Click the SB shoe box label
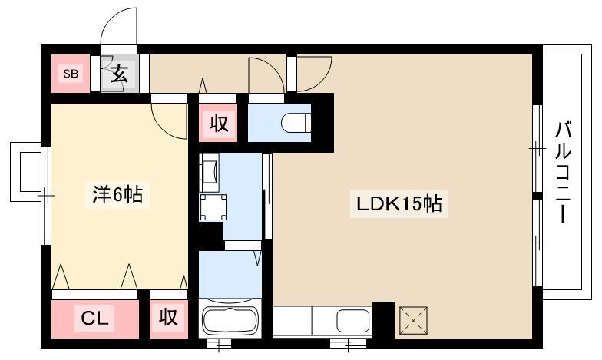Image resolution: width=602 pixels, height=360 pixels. click(x=71, y=74)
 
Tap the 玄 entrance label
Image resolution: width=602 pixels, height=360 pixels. click(x=119, y=74)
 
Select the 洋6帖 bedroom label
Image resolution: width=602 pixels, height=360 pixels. click(x=117, y=195)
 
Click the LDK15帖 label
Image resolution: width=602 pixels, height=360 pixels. click(x=399, y=203)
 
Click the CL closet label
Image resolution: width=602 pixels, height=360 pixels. click(x=94, y=318)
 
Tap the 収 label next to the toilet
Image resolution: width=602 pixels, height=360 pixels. click(x=219, y=124)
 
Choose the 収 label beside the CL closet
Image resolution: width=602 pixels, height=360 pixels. click(x=169, y=318)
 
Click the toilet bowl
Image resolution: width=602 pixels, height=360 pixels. click(x=296, y=123)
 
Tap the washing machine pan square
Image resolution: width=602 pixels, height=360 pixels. click(x=213, y=207)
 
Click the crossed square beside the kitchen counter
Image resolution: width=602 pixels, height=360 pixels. click(x=413, y=320)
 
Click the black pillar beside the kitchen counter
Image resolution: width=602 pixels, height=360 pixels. click(x=384, y=319)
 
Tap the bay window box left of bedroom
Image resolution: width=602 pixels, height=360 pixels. click(x=25, y=172)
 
